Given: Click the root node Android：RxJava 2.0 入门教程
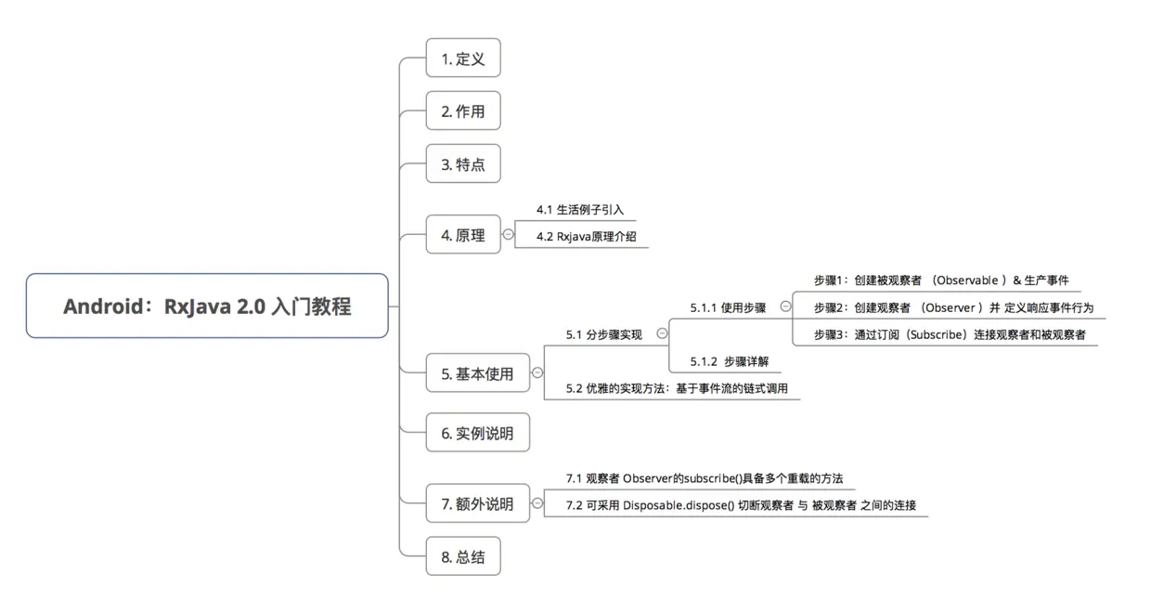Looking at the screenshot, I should [207, 306].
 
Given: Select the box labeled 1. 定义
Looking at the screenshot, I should [462, 58].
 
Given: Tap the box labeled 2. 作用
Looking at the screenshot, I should [462, 111].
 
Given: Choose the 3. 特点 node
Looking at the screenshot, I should [462, 163].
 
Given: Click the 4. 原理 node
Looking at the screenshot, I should [462, 234].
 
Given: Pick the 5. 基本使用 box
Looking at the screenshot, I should [476, 373].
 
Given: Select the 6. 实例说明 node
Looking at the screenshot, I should [477, 432].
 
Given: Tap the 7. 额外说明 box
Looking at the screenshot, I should [476, 503].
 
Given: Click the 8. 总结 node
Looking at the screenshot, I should [462, 556].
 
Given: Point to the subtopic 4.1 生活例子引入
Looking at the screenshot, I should [580, 209].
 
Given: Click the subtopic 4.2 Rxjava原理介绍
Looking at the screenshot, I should [586, 236].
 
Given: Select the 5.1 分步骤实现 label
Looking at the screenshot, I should [603, 334].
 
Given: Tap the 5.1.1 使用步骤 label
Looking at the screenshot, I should [728, 307].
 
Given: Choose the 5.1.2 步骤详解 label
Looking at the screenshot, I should [729, 361].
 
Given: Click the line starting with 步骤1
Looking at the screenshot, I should [940, 280].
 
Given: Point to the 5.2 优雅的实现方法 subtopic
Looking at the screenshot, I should [677, 388].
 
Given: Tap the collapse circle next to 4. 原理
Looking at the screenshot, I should [508, 234].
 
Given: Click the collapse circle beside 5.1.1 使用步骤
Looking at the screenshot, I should [785, 306].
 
